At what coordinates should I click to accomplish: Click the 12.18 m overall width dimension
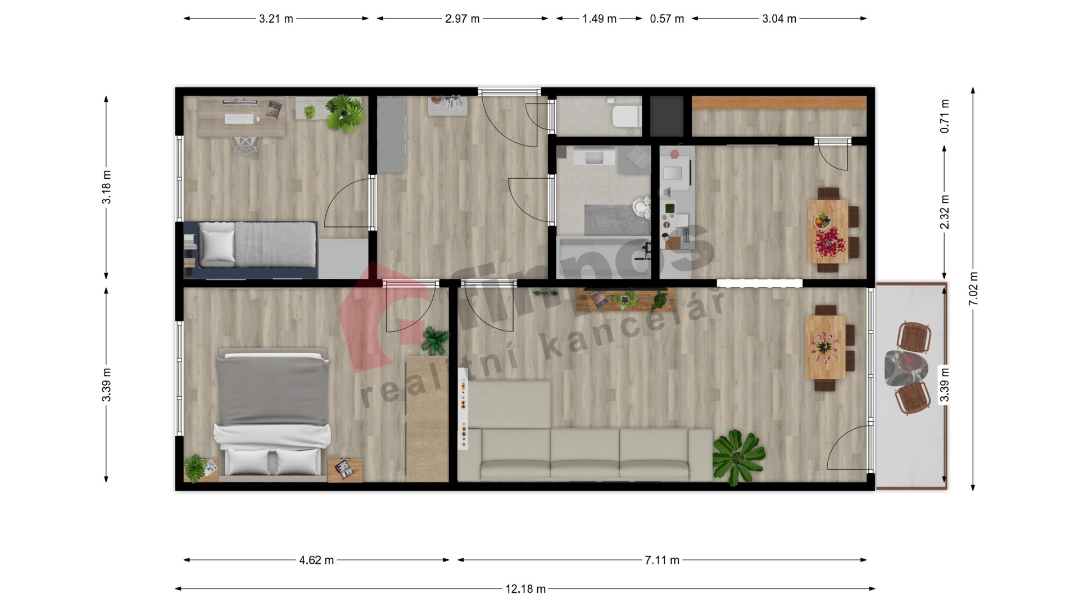click(x=525, y=589)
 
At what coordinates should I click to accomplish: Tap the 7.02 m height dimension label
click(x=973, y=288)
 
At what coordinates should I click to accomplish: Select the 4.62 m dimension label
click(x=316, y=560)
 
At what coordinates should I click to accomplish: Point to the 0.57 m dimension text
click(x=667, y=19)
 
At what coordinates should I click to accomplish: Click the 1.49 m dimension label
click(x=599, y=19)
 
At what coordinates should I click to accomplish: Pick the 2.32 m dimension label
click(x=945, y=212)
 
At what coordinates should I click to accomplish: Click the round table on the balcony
click(x=905, y=368)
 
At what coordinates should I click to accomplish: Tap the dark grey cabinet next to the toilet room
click(x=667, y=116)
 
